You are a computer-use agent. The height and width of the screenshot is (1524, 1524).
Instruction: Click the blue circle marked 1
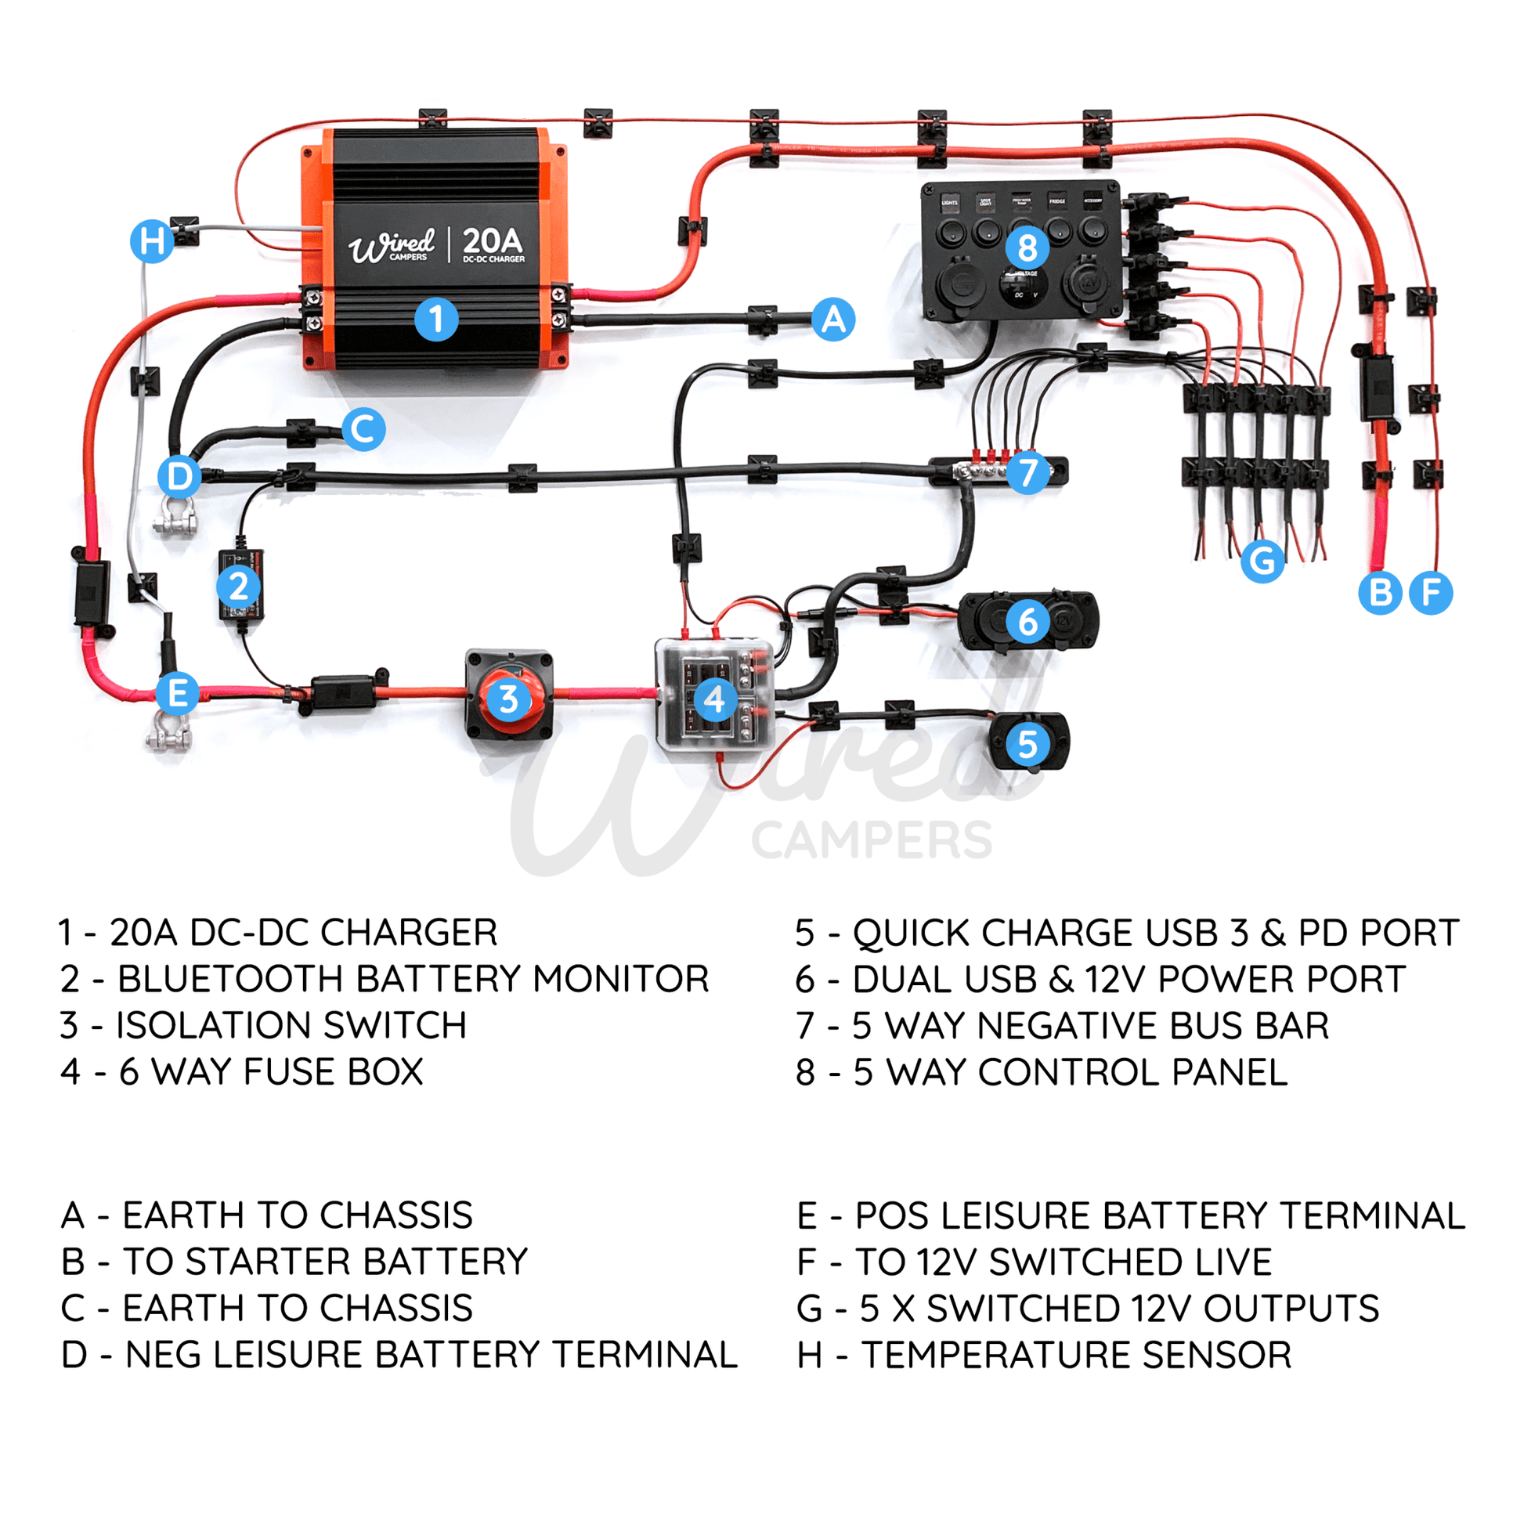436,320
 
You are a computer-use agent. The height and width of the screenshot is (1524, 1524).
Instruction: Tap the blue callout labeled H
151,240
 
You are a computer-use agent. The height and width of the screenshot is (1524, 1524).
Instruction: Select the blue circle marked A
833,320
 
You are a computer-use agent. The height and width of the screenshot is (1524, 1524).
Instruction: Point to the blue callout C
363,429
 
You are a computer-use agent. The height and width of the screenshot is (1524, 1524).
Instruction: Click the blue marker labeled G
1262,561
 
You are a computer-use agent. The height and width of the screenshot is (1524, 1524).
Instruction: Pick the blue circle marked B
1380,592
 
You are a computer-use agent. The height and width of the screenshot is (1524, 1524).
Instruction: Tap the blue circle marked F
1431,592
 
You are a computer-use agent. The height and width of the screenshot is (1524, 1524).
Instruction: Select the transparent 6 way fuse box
714,697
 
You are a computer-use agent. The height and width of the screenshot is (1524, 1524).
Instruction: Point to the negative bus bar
998,471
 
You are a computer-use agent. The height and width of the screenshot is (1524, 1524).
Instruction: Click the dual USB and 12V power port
1027,622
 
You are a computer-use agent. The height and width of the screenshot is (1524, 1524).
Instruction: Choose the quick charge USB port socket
1027,743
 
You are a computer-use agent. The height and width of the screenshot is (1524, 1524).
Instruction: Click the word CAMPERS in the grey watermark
872,840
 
